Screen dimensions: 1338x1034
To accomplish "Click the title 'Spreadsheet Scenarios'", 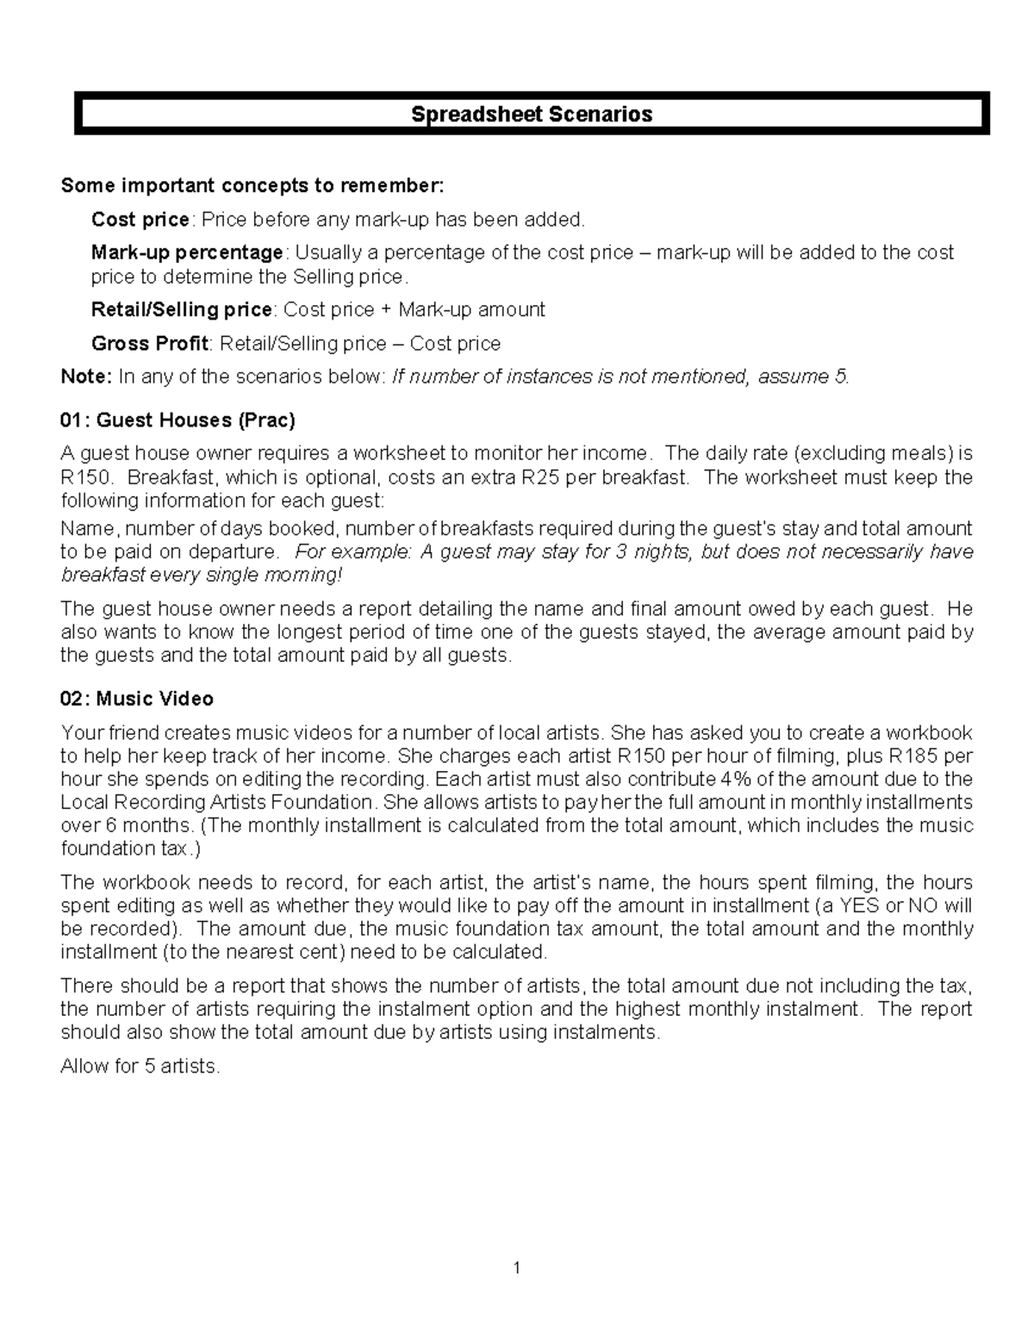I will (531, 114).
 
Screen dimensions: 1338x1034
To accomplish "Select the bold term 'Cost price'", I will (140, 220).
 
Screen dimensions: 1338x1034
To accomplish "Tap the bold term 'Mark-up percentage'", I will (187, 252).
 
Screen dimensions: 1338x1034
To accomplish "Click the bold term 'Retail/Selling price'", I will (182, 309).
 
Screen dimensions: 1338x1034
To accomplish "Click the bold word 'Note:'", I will (86, 377).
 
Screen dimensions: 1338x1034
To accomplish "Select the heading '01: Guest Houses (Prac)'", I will (178, 420).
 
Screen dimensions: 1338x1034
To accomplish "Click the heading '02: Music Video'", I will (137, 699).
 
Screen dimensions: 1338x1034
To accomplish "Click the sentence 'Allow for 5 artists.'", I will (140, 1067).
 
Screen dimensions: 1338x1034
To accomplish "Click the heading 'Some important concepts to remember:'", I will (253, 186).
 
